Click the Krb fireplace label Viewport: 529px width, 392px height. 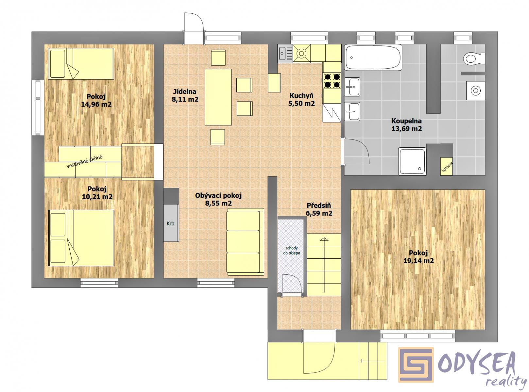tap(170, 223)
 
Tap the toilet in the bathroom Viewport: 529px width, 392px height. tap(473, 58)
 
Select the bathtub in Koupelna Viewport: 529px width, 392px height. tap(372, 58)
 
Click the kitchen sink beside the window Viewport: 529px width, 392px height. tap(285, 54)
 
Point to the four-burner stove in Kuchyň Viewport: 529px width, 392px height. tap(332, 80)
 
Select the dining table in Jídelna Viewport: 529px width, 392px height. tap(218, 97)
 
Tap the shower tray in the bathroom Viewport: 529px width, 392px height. tap(412, 161)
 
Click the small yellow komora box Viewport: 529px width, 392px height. tap(447, 167)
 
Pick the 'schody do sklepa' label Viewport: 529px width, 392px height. tap(291, 251)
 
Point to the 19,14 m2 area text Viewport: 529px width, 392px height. tap(418, 261)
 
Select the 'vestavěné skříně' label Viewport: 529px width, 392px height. tap(84, 162)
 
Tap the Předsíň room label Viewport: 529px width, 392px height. tap(319, 205)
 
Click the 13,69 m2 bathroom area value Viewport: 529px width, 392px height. tap(406, 129)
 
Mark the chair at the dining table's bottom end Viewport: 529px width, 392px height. tap(217, 137)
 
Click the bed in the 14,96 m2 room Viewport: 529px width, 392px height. tap(81, 64)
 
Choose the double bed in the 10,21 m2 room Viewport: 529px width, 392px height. tap(81, 238)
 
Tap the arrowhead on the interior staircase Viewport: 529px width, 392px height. tap(324, 239)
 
